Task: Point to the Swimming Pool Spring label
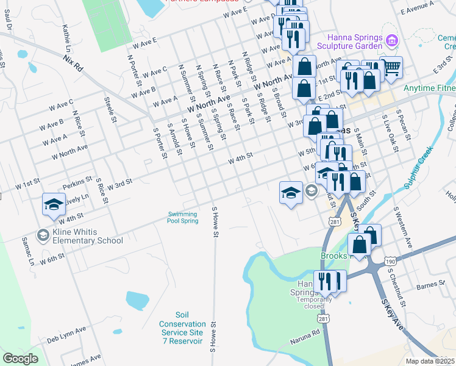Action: click(183, 217)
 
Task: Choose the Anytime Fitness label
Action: click(430, 88)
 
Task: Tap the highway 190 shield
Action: click(391, 262)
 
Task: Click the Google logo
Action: click(20, 358)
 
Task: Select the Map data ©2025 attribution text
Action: click(430, 361)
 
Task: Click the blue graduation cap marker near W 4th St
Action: click(53, 204)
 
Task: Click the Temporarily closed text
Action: click(315, 303)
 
